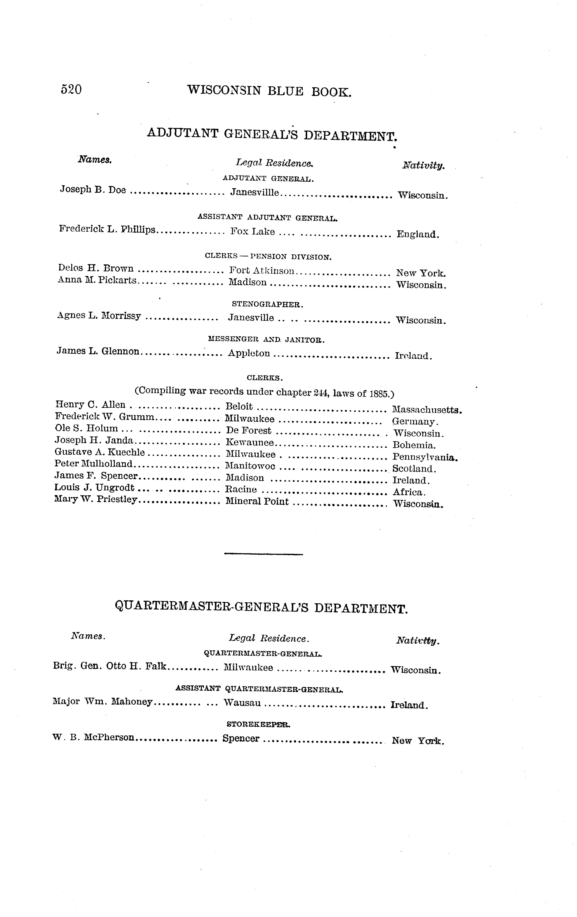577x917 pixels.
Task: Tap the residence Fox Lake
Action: click(x=252, y=232)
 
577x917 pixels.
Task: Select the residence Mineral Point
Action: click(x=257, y=502)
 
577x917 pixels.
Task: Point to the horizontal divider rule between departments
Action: click(x=263, y=554)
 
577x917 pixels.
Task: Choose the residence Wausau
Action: click(x=242, y=703)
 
